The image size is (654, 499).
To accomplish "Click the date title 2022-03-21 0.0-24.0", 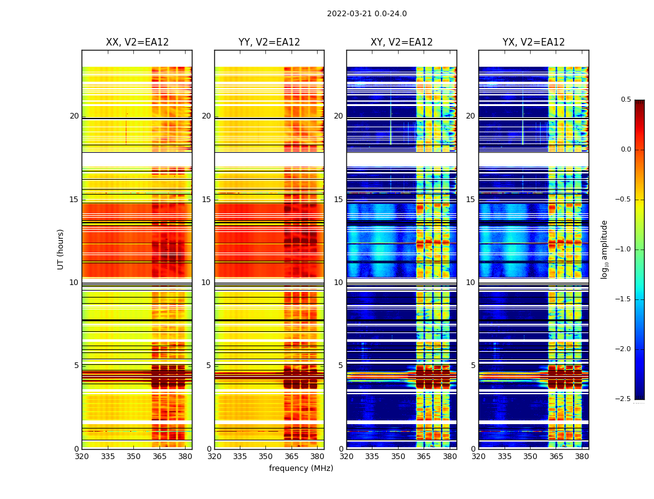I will coord(367,14).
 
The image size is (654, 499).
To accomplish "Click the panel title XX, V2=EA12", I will coord(137,42).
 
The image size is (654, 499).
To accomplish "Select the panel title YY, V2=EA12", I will coord(269,42).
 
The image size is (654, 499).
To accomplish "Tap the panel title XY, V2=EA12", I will coord(402,42).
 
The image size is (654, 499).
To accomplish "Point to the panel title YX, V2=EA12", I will coord(534,42).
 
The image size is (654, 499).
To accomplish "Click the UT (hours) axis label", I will coord(60,249).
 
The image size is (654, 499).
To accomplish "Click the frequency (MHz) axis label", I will coord(301,468).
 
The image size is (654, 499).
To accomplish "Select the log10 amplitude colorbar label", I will coord(604,249).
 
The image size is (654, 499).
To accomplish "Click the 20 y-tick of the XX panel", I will coord(74,116).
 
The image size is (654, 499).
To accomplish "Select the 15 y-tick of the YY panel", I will coord(206,200).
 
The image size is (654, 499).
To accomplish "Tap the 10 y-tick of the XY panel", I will coord(338,283).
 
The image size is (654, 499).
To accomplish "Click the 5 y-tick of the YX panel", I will coord(473,366).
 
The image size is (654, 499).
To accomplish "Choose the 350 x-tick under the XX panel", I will coord(133,457).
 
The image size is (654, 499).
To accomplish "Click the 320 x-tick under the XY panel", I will coord(347,457).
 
